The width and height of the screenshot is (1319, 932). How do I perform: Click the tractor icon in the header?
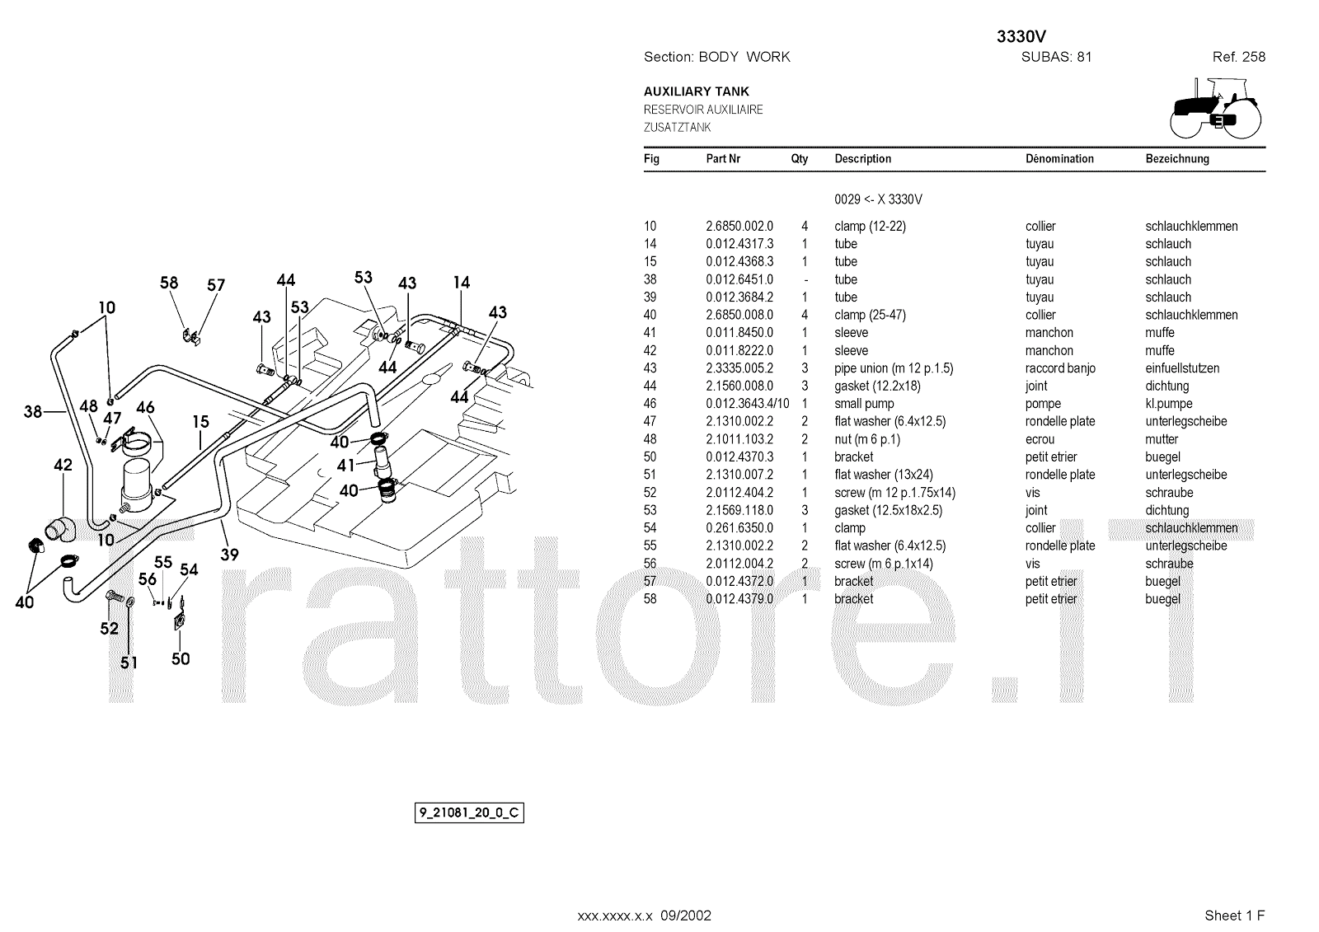[1214, 107]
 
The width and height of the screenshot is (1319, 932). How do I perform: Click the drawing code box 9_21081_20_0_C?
[468, 813]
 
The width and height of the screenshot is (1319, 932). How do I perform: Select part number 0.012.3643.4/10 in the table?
[747, 404]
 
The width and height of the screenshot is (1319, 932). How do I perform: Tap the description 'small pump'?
[864, 404]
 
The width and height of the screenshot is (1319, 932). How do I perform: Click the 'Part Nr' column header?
[723, 159]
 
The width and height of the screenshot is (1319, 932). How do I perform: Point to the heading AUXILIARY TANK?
[697, 91]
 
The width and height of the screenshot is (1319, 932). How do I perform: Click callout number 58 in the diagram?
[169, 283]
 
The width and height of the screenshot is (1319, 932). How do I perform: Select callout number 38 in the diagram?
[33, 411]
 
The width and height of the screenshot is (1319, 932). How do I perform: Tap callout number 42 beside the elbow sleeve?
[63, 465]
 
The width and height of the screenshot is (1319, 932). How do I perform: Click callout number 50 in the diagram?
[181, 658]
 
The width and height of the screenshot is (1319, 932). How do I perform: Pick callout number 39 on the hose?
[229, 555]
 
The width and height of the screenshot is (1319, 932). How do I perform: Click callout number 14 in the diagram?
[461, 283]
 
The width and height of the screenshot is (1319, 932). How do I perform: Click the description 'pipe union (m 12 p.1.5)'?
[894, 368]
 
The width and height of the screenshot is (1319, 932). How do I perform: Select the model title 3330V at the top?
[1021, 37]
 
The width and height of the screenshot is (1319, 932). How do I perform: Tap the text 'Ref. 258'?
[1238, 57]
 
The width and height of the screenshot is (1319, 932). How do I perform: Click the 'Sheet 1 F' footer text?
[1234, 916]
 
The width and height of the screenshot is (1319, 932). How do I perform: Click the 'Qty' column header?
[800, 159]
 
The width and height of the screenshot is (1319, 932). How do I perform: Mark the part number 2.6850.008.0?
[739, 315]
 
